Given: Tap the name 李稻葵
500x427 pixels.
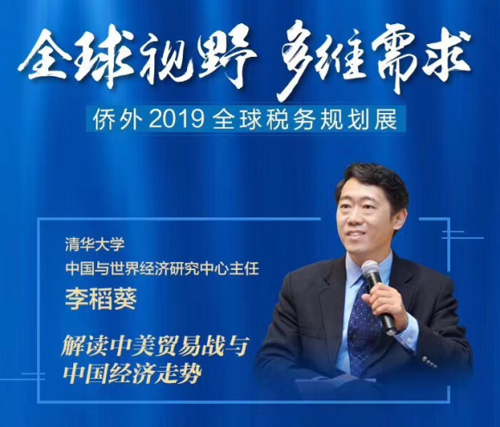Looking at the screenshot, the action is click(x=101, y=299).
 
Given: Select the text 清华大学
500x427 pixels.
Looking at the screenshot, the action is click(x=95, y=245).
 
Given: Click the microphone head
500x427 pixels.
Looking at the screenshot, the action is click(x=372, y=270).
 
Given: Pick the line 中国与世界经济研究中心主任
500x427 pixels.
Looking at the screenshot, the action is click(x=162, y=269).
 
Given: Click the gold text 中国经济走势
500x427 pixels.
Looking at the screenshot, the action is click(x=133, y=373).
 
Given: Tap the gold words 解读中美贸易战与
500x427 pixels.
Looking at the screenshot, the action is click(x=154, y=346).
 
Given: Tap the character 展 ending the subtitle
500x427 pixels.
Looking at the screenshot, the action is click(x=388, y=121).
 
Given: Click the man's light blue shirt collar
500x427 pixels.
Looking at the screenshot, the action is click(x=366, y=268).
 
